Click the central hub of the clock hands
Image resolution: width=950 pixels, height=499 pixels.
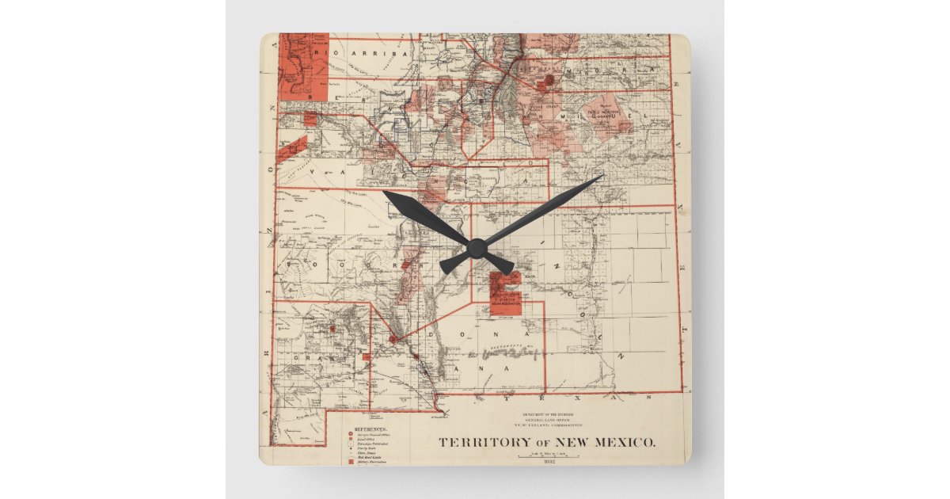coord(476,248)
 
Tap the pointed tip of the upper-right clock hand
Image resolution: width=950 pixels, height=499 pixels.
coord(602,176)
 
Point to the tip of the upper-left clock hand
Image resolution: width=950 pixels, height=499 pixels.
coord(383,192)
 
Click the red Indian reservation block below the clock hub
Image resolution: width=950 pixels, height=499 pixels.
coord(505,294)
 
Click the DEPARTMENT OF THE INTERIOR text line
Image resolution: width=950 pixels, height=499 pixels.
coord(547,413)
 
